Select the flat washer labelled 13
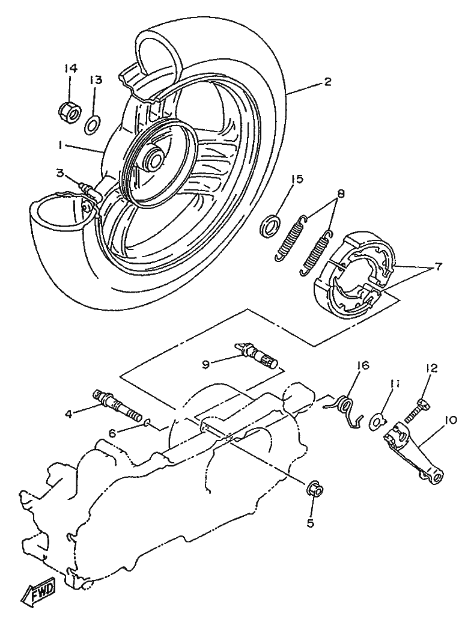pos(93,125)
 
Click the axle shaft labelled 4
pos(118,405)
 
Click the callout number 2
pos(327,82)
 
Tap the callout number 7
pos(436,267)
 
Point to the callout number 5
pos(311,523)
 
